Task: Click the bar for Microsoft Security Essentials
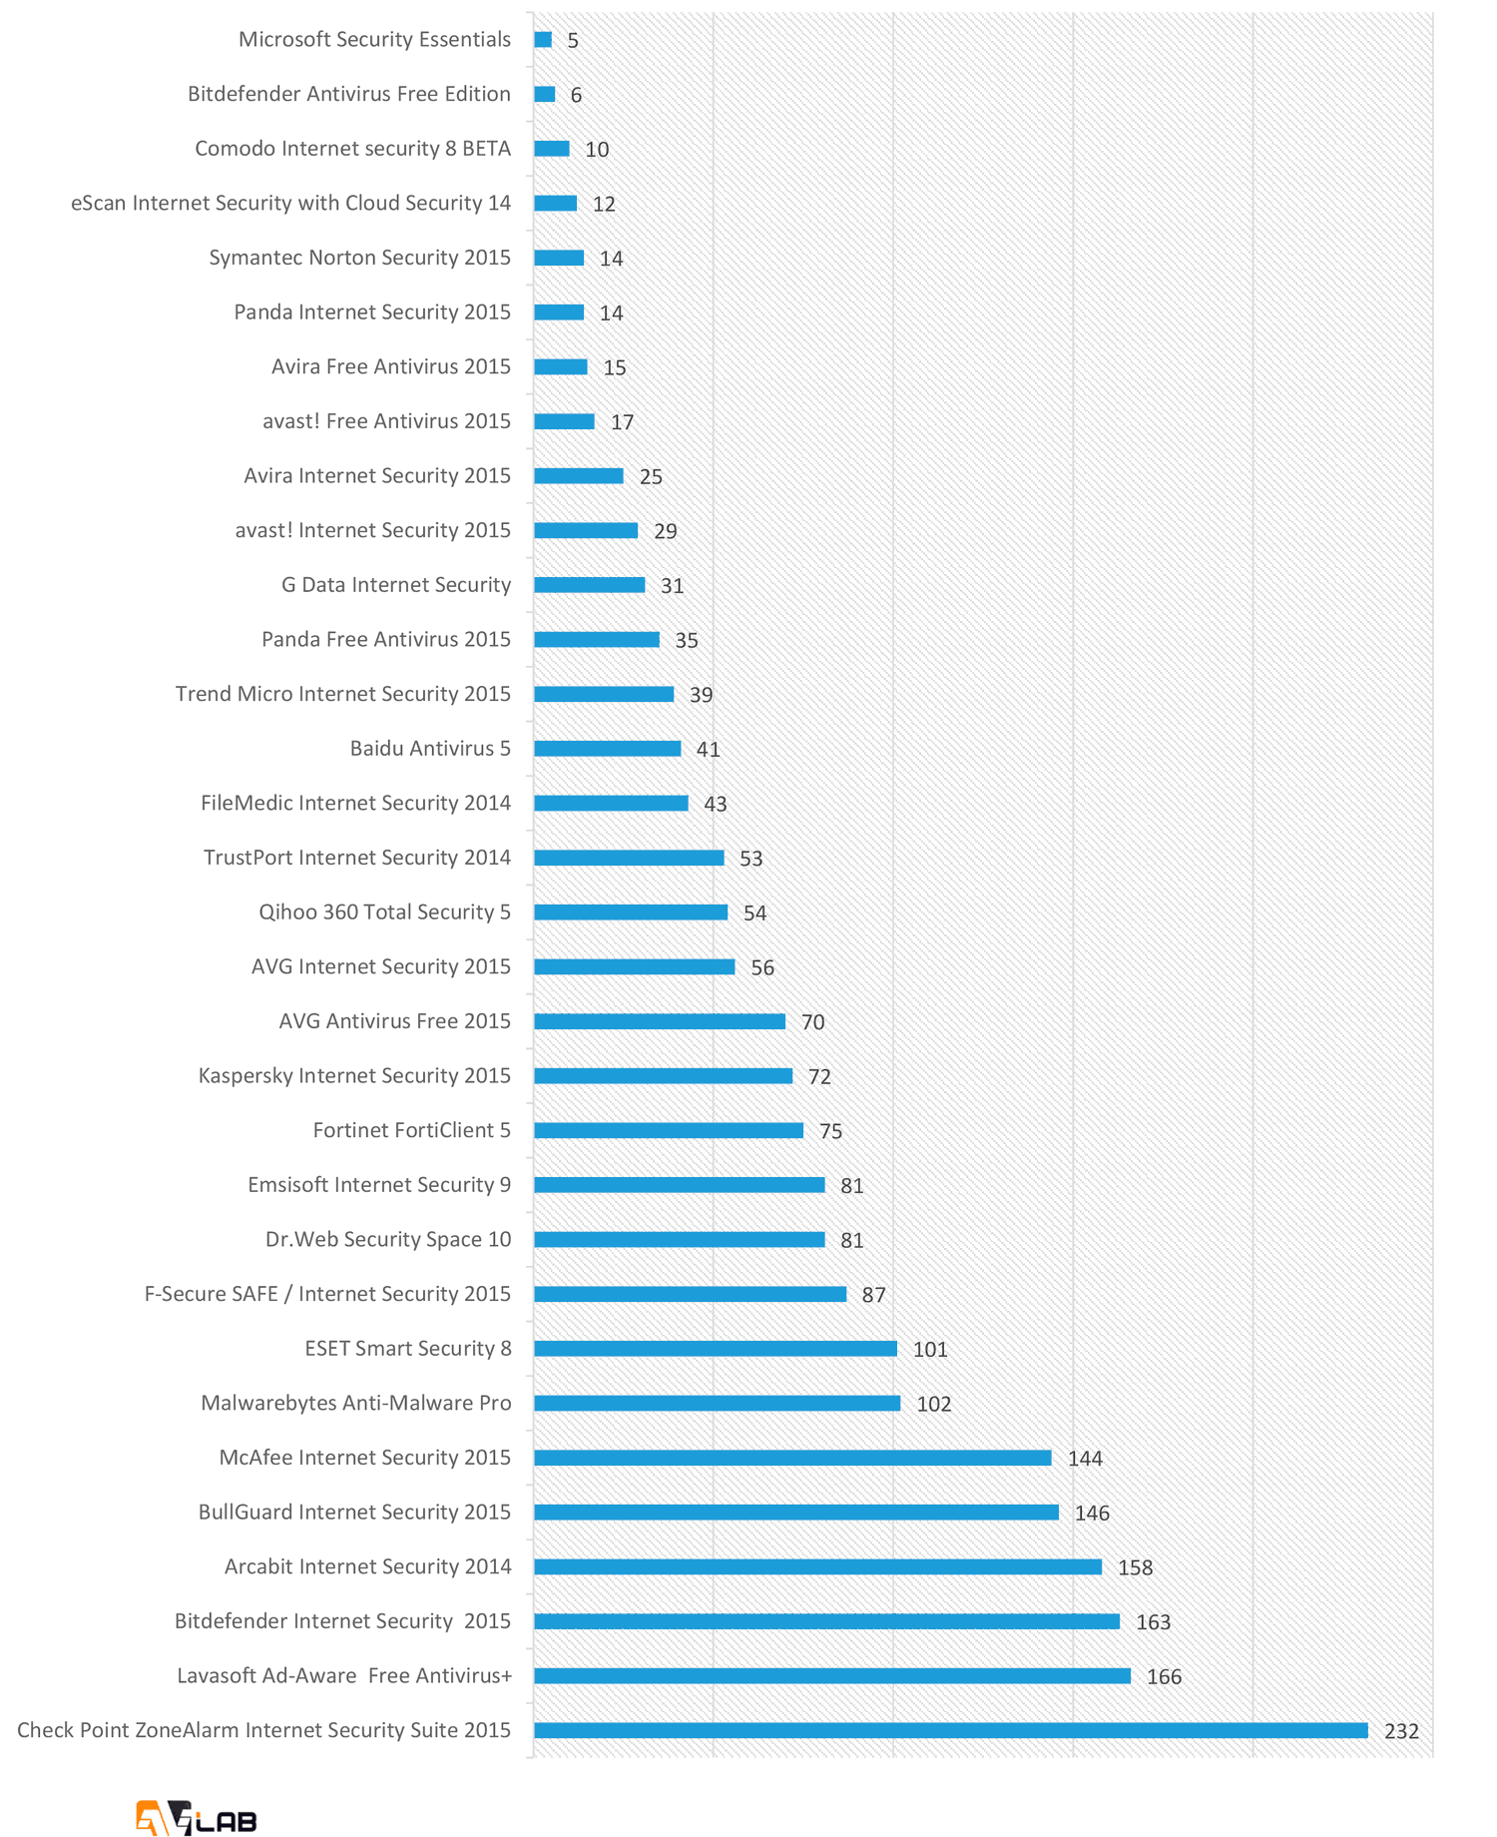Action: [x=543, y=40]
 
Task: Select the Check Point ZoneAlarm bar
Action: [x=950, y=1730]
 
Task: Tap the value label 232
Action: [x=1401, y=1731]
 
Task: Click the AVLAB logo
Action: [x=197, y=1818]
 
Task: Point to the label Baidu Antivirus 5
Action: [x=430, y=749]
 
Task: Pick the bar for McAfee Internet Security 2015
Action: [x=792, y=1458]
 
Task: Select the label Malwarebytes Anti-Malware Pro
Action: [x=356, y=1404]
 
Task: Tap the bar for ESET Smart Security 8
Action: [x=716, y=1349]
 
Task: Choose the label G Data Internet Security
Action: [x=396, y=585]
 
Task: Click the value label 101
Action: [x=930, y=1350]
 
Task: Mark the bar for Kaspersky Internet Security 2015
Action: [x=663, y=1076]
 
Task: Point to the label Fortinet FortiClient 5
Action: [x=412, y=1130]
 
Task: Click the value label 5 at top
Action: [x=573, y=41]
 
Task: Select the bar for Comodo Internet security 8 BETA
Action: [x=551, y=149]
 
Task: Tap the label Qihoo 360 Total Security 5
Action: [x=384, y=913]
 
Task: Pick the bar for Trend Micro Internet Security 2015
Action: [x=604, y=694]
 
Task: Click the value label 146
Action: [x=1092, y=1514]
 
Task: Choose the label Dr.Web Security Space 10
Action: [x=388, y=1240]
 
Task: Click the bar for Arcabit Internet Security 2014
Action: [x=817, y=1567]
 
